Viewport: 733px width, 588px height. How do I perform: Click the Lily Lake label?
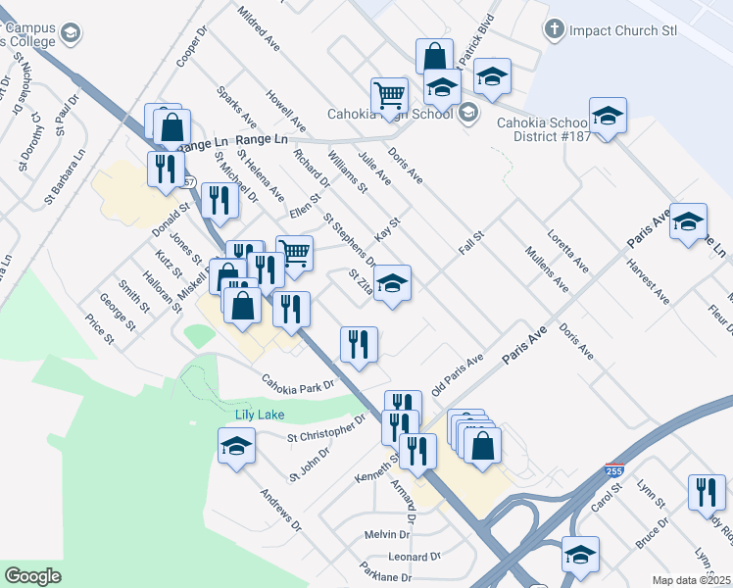pyautogui.click(x=260, y=415)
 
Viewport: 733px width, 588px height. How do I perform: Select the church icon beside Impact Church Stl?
pyautogui.click(x=555, y=29)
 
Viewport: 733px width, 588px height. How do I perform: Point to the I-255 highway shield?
pyautogui.click(x=614, y=471)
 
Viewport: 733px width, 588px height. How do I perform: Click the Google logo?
pyautogui.click(x=32, y=576)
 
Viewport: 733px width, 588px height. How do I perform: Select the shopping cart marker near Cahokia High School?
pyautogui.click(x=389, y=96)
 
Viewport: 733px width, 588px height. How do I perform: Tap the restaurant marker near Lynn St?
pyautogui.click(x=706, y=491)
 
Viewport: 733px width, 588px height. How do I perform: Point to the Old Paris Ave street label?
pyautogui.click(x=458, y=370)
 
